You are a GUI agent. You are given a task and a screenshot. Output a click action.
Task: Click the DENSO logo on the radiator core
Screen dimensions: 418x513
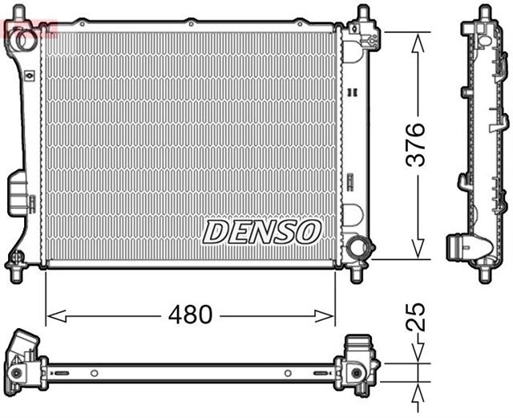pyautogui.click(x=261, y=232)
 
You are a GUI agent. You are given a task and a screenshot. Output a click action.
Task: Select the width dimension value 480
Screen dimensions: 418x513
pyautogui.click(x=191, y=315)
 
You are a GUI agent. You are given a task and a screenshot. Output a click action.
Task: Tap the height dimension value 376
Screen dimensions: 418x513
pyautogui.click(x=416, y=144)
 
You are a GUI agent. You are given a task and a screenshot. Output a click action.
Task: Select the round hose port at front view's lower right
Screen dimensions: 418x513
pyautogui.click(x=357, y=247)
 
